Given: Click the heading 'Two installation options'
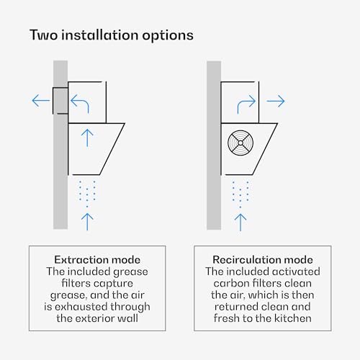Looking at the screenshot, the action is tap(112, 35).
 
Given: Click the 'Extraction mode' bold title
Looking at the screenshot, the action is tap(97, 260).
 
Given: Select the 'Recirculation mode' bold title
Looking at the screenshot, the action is tap(263, 260).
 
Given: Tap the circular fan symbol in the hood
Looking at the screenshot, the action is tap(240, 143).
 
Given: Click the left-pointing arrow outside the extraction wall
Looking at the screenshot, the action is tap(41, 100).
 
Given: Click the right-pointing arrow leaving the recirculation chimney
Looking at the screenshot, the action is tap(276, 101).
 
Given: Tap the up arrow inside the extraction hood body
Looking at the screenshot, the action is tap(87, 138).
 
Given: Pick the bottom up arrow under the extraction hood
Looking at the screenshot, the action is tap(87, 222).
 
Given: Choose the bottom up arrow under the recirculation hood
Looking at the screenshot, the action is tap(240, 222).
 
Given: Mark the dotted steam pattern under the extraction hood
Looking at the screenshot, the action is tap(87, 194).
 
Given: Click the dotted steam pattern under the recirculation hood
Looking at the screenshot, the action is tap(240, 194).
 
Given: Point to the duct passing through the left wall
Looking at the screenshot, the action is tap(60, 101).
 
